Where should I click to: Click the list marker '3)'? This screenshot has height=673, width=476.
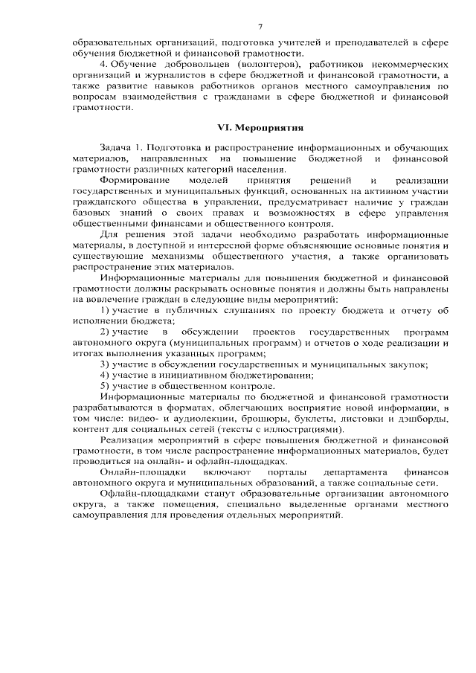(105, 364)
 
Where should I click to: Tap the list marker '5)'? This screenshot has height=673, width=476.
(105, 387)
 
